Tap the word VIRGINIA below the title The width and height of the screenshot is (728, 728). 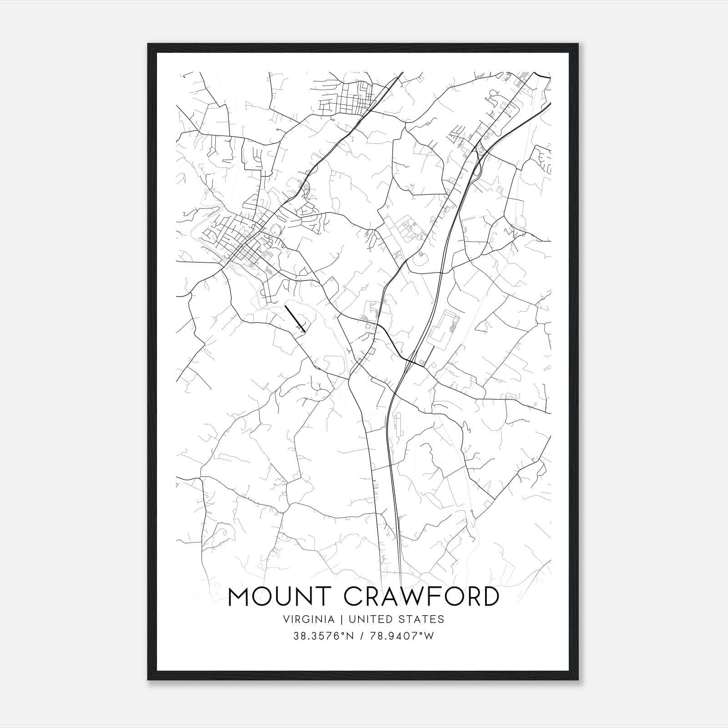[309, 619]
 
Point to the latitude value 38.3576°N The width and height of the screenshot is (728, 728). [324, 636]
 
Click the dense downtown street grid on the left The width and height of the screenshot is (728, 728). [241, 246]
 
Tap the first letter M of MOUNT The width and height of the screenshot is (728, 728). [238, 597]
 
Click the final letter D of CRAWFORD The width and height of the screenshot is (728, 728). [489, 597]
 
